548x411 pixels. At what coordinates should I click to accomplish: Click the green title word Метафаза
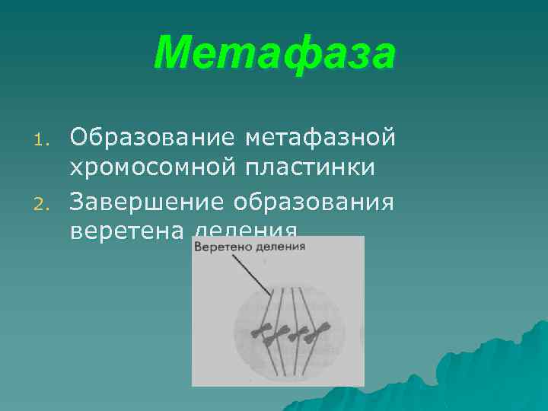click(x=275, y=53)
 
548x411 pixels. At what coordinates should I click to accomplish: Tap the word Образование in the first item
click(x=151, y=138)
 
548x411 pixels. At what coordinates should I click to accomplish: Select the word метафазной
click(x=320, y=138)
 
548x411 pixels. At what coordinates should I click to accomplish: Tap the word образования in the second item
click(x=314, y=202)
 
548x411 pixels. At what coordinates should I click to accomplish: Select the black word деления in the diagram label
click(x=280, y=247)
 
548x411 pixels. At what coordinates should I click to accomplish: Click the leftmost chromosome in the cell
click(x=264, y=331)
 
